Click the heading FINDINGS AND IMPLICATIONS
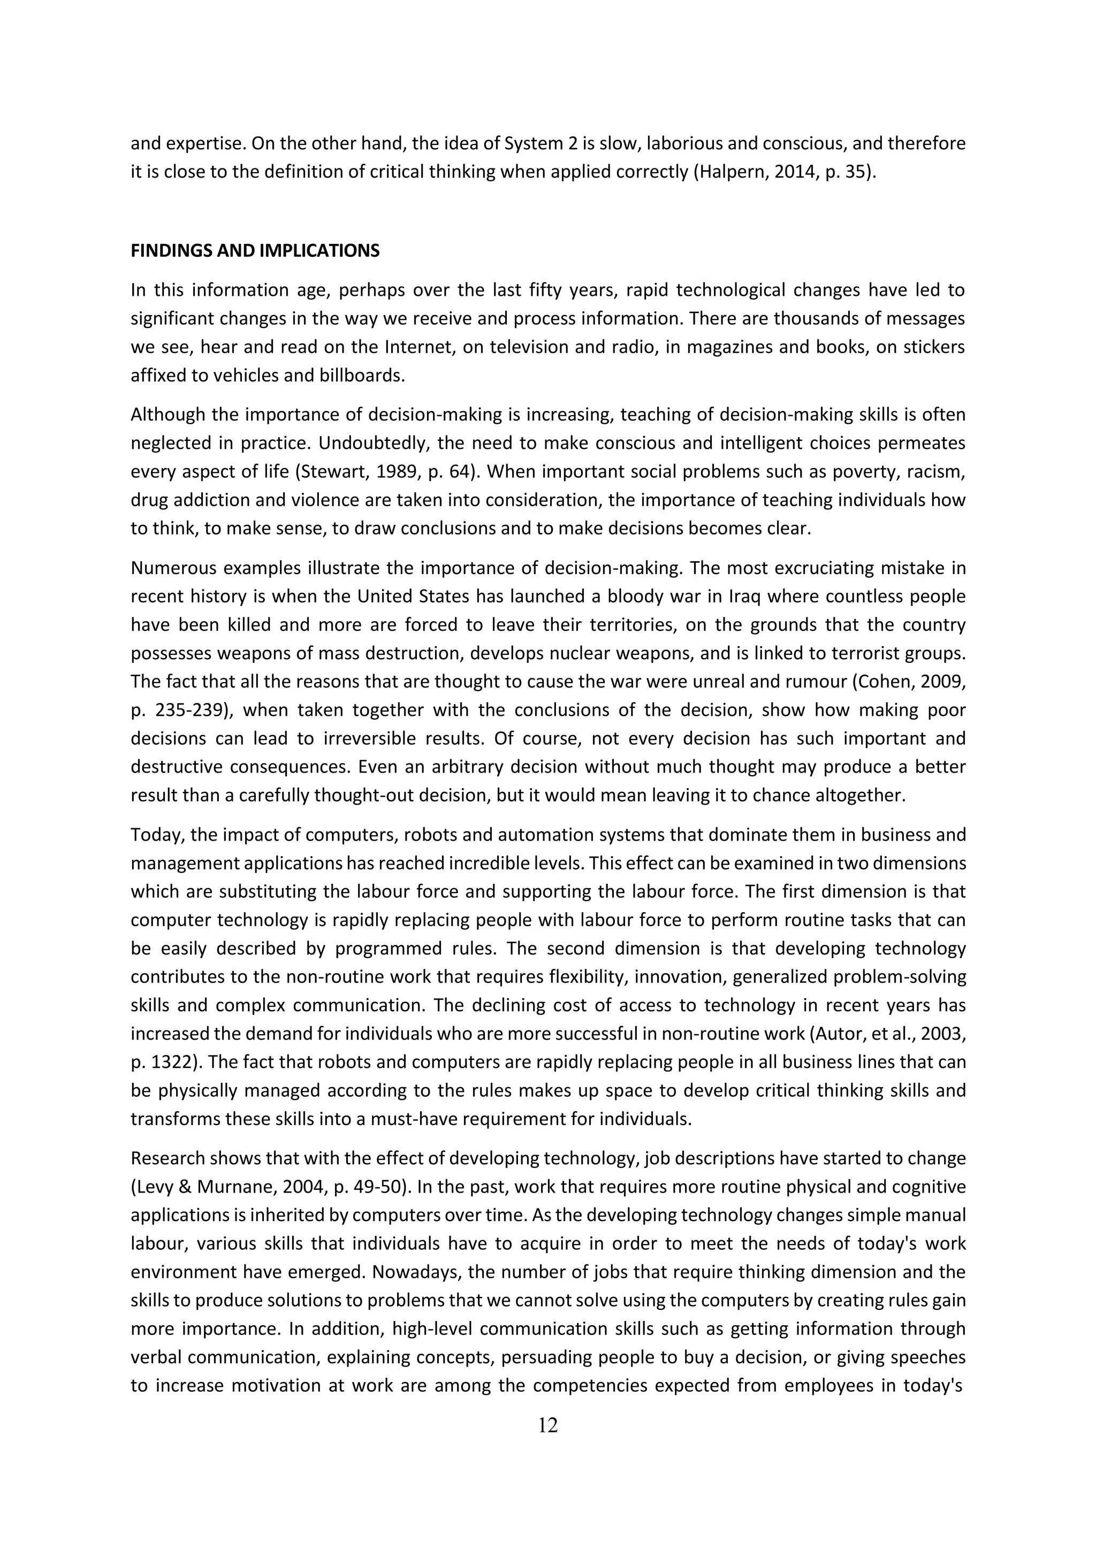[x=255, y=251]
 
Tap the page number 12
[x=547, y=1426]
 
